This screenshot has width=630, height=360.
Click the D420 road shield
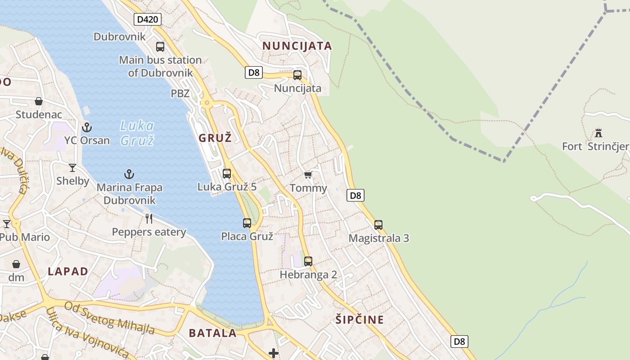click(148, 19)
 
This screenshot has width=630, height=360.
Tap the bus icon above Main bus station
click(160, 46)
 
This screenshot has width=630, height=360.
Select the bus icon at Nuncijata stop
click(297, 75)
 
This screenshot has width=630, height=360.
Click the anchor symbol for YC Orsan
click(87, 127)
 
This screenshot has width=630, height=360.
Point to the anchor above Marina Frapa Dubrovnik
click(129, 174)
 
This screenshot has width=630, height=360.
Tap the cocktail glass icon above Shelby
click(72, 168)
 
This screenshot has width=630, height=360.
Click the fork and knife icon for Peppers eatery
click(149, 219)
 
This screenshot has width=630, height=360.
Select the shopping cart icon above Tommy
click(308, 175)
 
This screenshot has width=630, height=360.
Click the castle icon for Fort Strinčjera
click(598, 133)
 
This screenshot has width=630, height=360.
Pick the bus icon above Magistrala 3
click(378, 225)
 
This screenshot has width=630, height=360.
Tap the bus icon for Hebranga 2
click(308, 261)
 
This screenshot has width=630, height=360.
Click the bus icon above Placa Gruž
click(247, 223)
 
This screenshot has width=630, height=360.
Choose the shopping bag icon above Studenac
click(39, 101)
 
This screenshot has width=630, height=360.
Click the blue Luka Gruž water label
click(137, 133)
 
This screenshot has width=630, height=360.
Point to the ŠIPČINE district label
click(360, 320)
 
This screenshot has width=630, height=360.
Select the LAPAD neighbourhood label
click(68, 271)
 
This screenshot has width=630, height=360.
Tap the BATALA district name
click(212, 333)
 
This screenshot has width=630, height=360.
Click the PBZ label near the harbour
click(180, 94)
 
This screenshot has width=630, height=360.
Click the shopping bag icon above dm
click(16, 264)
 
